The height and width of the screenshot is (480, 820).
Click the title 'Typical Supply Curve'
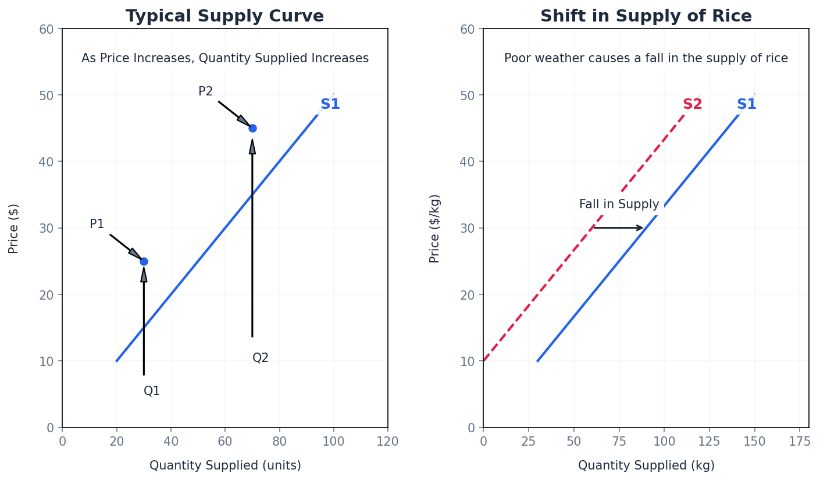(x=224, y=16)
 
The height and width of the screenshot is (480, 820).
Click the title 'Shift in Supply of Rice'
(x=646, y=16)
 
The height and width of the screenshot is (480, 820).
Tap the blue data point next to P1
(x=144, y=261)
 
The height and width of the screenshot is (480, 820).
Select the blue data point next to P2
(x=252, y=128)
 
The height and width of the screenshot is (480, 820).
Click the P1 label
(x=97, y=224)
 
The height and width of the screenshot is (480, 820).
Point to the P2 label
(x=206, y=91)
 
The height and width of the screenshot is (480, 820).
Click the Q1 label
(x=152, y=391)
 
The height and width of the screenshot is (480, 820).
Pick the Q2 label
(x=261, y=358)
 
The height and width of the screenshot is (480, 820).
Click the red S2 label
(x=692, y=105)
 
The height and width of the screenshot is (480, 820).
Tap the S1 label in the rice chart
(x=747, y=105)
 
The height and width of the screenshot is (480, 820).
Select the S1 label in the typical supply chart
(x=330, y=105)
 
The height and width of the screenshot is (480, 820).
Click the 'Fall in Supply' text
(x=619, y=205)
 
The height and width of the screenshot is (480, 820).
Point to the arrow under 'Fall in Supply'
(x=618, y=228)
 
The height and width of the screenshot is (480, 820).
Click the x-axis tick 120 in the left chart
(x=387, y=442)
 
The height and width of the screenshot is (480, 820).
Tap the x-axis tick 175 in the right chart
(x=799, y=442)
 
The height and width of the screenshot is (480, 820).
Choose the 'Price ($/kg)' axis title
(x=435, y=228)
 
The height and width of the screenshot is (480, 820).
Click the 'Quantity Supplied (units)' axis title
(x=225, y=465)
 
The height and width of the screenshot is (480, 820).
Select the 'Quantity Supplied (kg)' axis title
(x=646, y=465)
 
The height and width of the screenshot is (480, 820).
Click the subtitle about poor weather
(x=646, y=58)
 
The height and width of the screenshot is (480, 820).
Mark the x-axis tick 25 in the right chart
(x=528, y=442)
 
